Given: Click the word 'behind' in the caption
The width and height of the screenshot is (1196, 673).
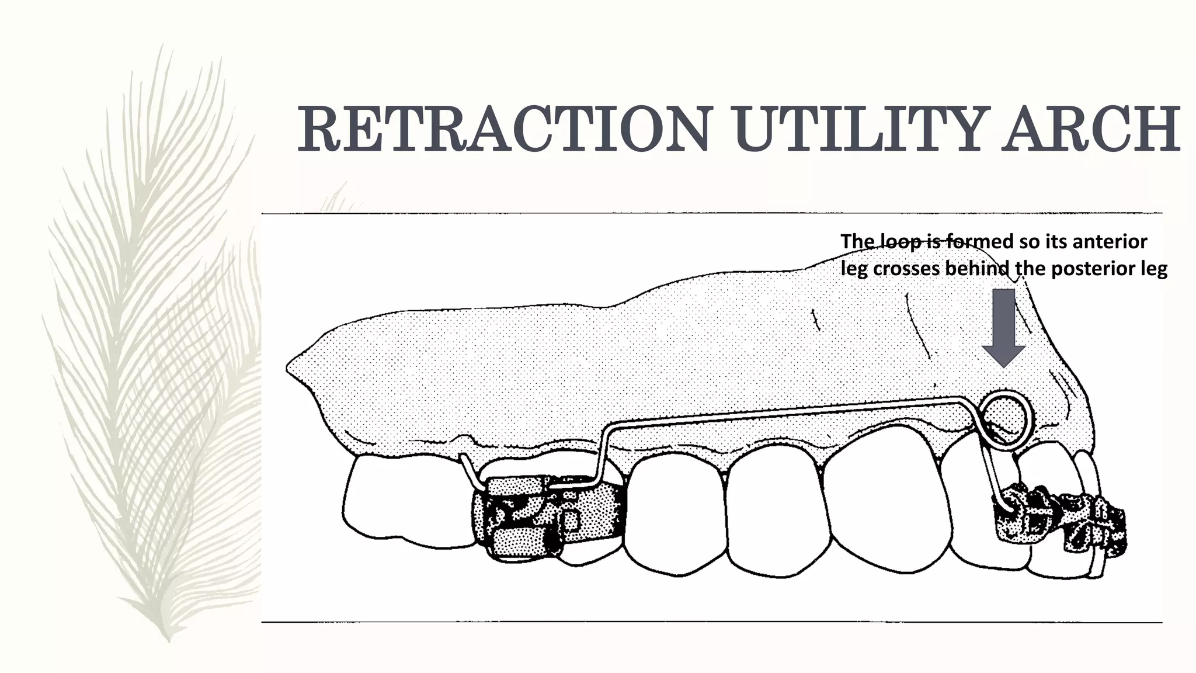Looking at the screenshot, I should pos(979,269).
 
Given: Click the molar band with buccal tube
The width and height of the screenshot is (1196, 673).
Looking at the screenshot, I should pos(549,517).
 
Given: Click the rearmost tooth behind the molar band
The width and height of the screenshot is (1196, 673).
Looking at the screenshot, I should pos(409,502).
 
